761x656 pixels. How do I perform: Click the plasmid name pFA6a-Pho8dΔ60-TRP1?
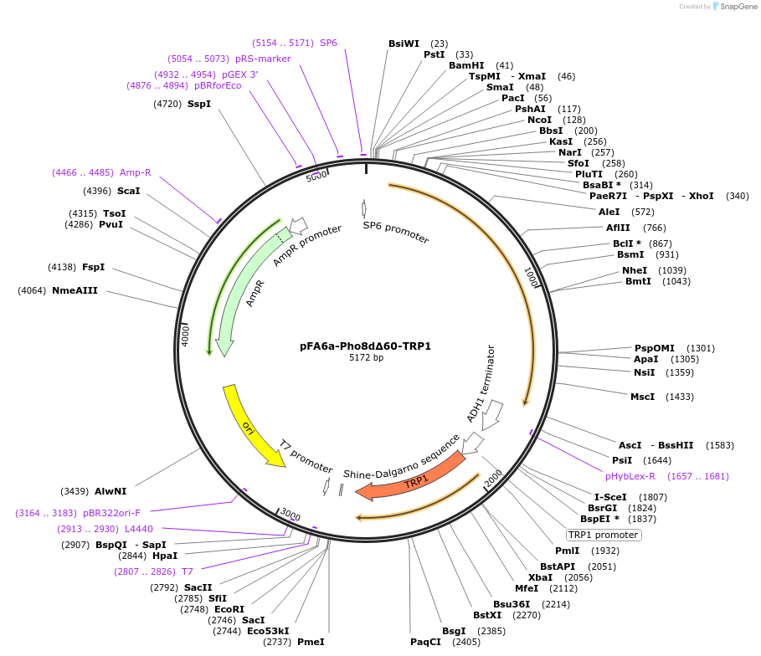[366, 346]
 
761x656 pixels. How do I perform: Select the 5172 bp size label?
[366, 358]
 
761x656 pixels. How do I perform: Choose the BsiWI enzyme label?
[404, 44]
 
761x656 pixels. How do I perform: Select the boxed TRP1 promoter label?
[604, 535]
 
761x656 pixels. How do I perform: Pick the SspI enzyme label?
[199, 104]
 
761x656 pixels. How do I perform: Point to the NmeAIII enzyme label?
[75, 290]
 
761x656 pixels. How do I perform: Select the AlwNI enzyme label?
[111, 490]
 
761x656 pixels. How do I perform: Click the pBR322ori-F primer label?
[111, 513]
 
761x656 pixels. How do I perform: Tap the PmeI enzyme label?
[311, 642]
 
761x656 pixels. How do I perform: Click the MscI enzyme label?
[642, 397]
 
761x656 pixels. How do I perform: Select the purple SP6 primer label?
[328, 43]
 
